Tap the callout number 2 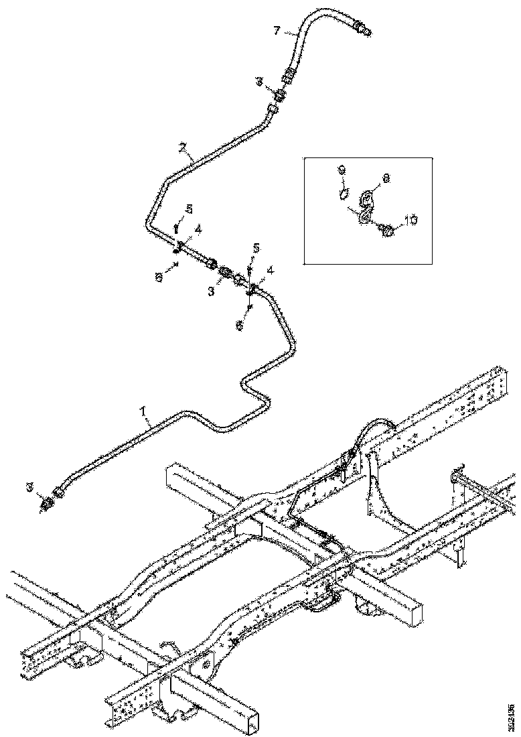[182, 146]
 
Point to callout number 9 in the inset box [341, 172]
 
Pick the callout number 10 [411, 220]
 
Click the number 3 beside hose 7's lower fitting [260, 82]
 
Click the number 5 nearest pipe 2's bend [188, 210]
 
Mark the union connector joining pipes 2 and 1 [226, 273]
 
